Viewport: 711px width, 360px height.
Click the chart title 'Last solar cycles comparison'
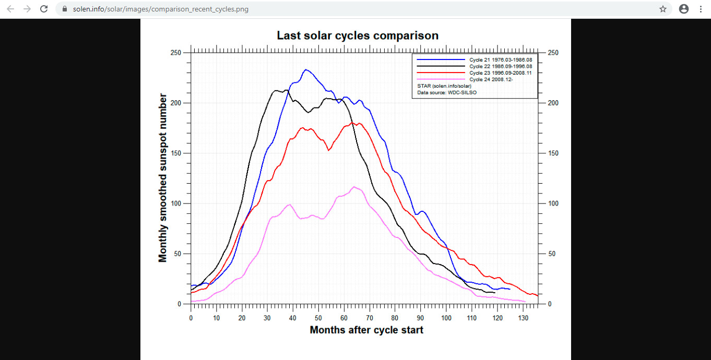pyautogui.click(x=358, y=35)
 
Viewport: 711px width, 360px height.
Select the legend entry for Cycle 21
pyautogui.click(x=500, y=60)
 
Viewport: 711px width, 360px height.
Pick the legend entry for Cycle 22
pyautogui.click(x=500, y=66)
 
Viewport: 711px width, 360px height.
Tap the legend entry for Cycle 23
pyautogui.click(x=500, y=73)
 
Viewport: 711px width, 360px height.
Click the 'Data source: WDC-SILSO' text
pyautogui.click(x=447, y=92)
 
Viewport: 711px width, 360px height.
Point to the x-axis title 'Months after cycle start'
pyautogui.click(x=366, y=330)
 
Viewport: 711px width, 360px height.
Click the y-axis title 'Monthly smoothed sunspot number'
pyautogui.click(x=163, y=178)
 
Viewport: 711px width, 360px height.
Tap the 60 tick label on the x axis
pyautogui.click(x=344, y=318)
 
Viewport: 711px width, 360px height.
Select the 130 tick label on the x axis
pyautogui.click(x=523, y=318)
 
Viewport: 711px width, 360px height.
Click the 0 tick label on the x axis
pyautogui.click(x=191, y=318)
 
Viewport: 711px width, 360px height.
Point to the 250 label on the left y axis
pyautogui.click(x=175, y=53)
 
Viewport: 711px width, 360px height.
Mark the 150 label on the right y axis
pyautogui.click(x=553, y=153)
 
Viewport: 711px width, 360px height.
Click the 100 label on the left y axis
pyautogui.click(x=175, y=203)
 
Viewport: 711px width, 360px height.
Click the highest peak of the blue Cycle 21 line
pyautogui.click(x=306, y=69)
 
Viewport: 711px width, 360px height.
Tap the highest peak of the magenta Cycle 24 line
pyautogui.click(x=354, y=186)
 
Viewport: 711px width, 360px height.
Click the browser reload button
pyautogui.click(x=44, y=9)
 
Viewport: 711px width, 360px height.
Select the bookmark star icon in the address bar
pyautogui.click(x=663, y=9)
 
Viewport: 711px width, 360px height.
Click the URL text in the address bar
pyautogui.click(x=161, y=9)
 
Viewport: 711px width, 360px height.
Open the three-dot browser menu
pyautogui.click(x=701, y=9)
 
